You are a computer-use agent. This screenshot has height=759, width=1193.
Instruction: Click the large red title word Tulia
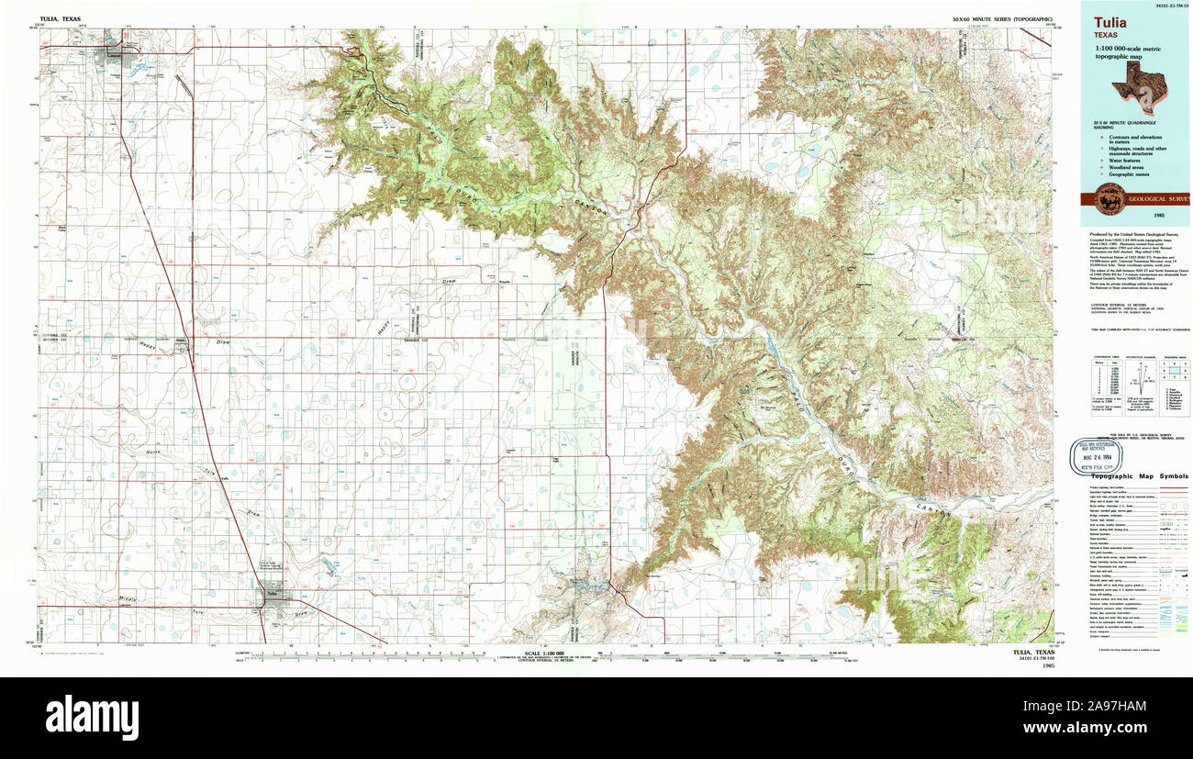pyautogui.click(x=1109, y=22)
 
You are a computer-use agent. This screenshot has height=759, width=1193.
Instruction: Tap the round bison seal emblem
pyautogui.click(x=1106, y=199)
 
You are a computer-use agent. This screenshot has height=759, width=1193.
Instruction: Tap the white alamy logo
pyautogui.click(x=92, y=716)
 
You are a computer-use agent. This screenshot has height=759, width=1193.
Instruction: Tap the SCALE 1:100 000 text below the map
pyautogui.click(x=544, y=654)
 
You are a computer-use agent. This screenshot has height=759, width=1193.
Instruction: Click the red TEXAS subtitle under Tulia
pyautogui.click(x=1105, y=34)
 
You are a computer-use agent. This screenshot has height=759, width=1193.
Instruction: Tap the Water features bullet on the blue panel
pyautogui.click(x=1124, y=160)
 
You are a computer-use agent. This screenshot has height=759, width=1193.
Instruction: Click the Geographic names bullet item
pyautogui.click(x=1127, y=173)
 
